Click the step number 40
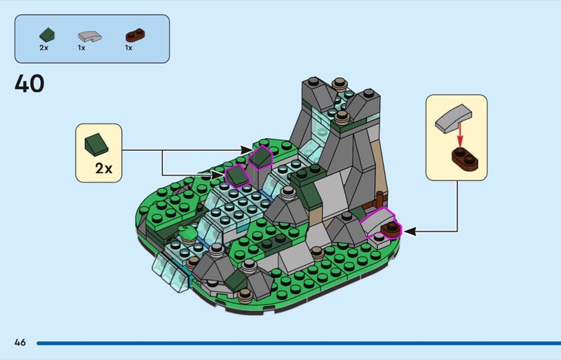[x=29, y=84]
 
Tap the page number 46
[x=20, y=342]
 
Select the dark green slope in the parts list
[x=47, y=35]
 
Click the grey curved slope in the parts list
[x=90, y=36]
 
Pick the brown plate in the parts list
[x=135, y=35]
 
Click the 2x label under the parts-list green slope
[x=43, y=48]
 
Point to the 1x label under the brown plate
[x=128, y=48]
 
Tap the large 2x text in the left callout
[x=104, y=168]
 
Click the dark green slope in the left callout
[x=96, y=145]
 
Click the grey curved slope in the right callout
[x=453, y=119]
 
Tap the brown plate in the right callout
[x=465, y=159]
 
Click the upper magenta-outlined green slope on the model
[x=260, y=157]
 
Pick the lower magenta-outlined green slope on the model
[x=237, y=176]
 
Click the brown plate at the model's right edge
[x=391, y=229]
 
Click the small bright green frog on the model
[x=187, y=233]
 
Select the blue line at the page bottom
[x=299, y=343]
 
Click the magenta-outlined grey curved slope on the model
[x=377, y=221]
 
